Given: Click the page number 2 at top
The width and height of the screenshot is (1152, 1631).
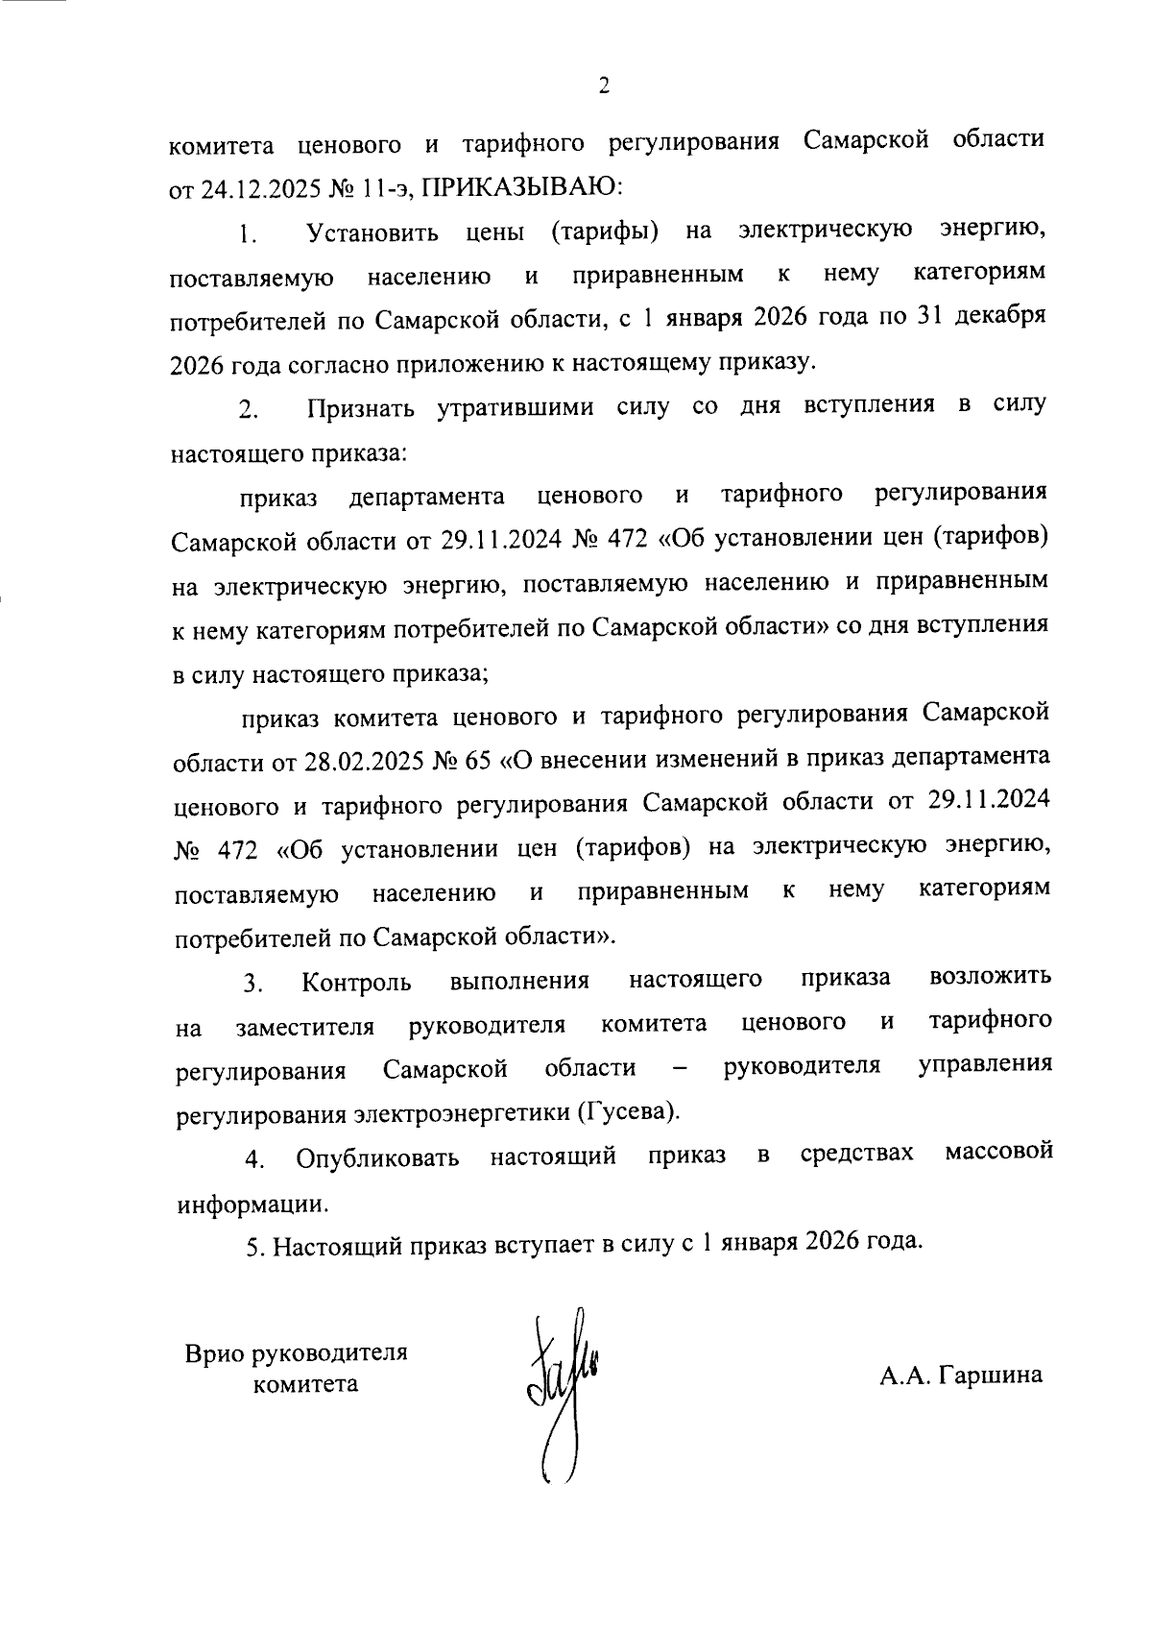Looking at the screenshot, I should tap(604, 86).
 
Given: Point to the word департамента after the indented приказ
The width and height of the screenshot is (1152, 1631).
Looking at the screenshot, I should tap(427, 497).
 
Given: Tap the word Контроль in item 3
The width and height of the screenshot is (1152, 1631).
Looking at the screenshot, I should tap(356, 982).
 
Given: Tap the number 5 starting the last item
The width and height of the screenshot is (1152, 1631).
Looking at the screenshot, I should tap(252, 1247).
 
